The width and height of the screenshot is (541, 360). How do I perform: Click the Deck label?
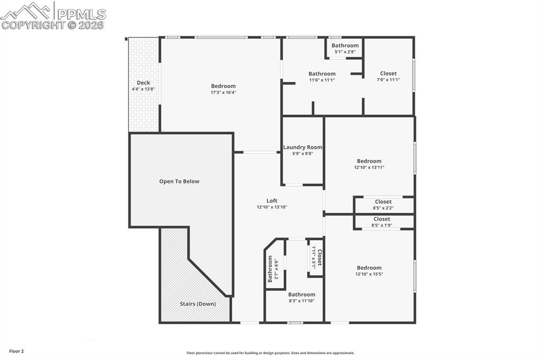(x=143, y=83)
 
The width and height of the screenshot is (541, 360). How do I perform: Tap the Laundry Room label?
(x=303, y=147)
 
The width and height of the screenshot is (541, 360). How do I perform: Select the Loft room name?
(x=272, y=201)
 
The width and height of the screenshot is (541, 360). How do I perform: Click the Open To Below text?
(x=179, y=182)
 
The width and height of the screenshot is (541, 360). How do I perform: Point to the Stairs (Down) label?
(x=198, y=304)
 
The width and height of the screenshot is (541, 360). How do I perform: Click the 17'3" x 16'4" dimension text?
(x=223, y=92)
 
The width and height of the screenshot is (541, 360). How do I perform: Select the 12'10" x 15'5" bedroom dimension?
(x=368, y=274)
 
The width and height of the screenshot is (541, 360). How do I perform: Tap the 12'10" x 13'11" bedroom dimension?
(x=369, y=167)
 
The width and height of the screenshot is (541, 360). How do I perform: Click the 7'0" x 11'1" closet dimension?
(x=388, y=80)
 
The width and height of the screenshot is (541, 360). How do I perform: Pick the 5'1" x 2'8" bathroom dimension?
(x=345, y=52)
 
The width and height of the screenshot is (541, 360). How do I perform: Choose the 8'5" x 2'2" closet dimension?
(x=383, y=208)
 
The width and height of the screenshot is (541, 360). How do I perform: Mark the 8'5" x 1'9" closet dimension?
(x=381, y=225)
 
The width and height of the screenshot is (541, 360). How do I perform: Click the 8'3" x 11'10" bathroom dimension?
(x=302, y=301)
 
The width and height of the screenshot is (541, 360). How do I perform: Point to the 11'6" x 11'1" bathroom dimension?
(x=322, y=80)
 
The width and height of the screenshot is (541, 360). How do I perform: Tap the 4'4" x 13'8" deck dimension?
(x=143, y=89)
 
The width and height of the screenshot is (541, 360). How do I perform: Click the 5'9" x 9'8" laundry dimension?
(x=303, y=154)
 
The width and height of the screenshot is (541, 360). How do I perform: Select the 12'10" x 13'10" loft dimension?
(x=272, y=207)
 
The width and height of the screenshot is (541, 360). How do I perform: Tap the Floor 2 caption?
(x=16, y=351)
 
